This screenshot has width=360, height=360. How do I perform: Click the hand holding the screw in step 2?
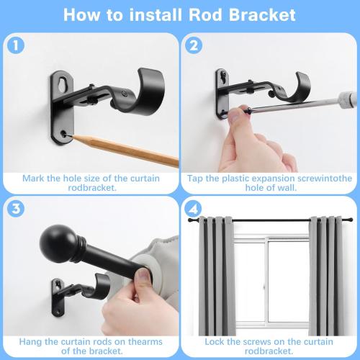248,148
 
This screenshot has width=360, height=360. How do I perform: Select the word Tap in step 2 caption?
196,177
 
